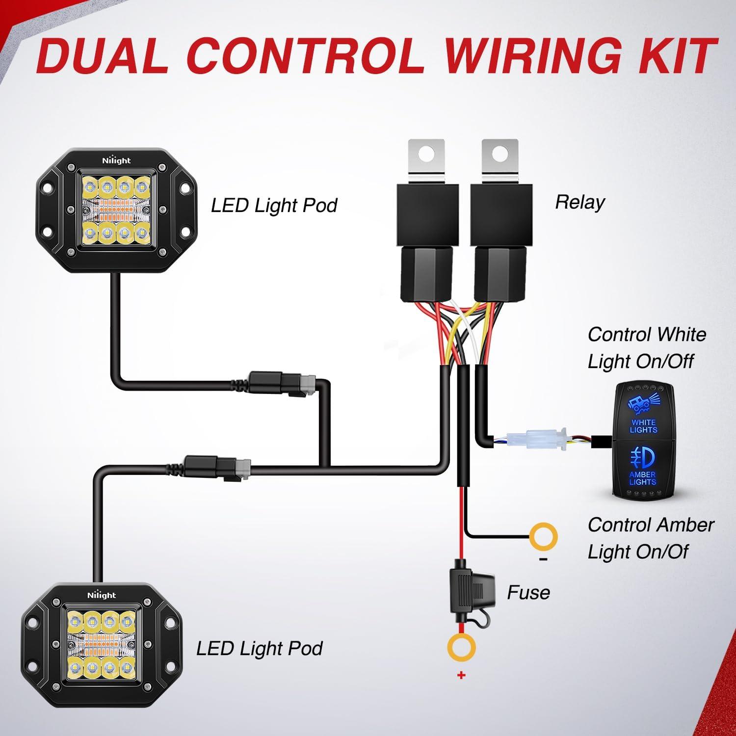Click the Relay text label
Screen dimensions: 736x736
click(579, 202)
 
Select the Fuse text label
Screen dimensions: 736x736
click(528, 593)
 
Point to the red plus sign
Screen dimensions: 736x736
click(461, 676)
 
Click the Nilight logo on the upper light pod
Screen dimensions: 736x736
click(116, 160)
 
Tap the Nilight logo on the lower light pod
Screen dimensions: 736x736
click(102, 595)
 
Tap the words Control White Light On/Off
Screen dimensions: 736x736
click(647, 348)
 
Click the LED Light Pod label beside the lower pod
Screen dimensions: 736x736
click(259, 649)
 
